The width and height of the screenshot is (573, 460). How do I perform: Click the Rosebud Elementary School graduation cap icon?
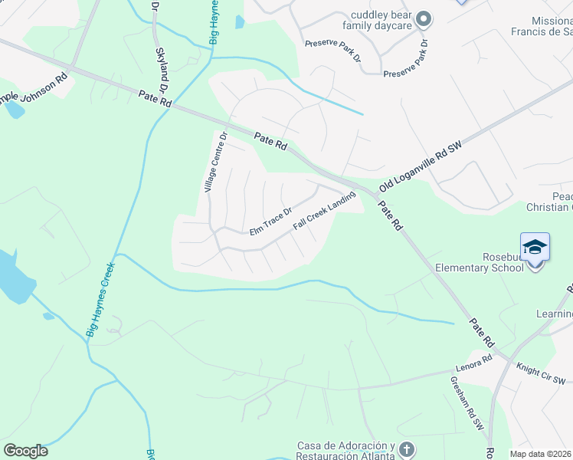pos(535,248)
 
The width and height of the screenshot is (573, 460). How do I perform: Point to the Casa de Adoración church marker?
pos(407,449)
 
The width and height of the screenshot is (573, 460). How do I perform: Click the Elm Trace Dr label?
pos(270,222)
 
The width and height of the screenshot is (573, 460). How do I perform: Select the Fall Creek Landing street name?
pos(324,212)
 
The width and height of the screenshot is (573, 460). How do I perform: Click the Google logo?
pos(25,451)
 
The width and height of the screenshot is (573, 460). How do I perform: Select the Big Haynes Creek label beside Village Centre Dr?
pos(100,300)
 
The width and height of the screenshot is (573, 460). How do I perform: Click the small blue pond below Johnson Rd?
pos(15,109)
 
